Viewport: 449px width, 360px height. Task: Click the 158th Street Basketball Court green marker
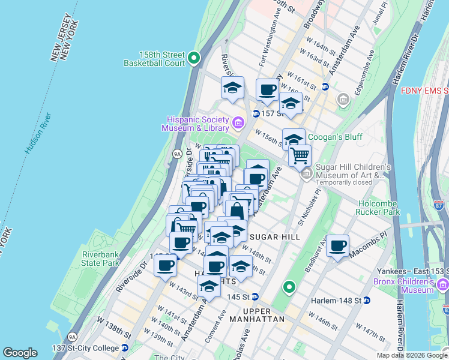coord(193,58)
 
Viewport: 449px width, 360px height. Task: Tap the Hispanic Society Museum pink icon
coord(238,123)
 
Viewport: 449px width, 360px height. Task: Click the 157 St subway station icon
coord(256,113)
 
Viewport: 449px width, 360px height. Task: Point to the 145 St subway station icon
coord(255,297)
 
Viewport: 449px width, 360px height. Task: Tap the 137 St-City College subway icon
coord(124,348)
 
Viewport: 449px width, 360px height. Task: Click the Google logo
coord(20,352)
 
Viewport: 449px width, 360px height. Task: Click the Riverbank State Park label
coord(101,259)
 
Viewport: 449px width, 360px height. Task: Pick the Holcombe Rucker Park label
coord(379,208)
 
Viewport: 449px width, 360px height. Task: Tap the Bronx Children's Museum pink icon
coord(443,283)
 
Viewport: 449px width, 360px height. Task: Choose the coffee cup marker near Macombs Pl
coord(338,245)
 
